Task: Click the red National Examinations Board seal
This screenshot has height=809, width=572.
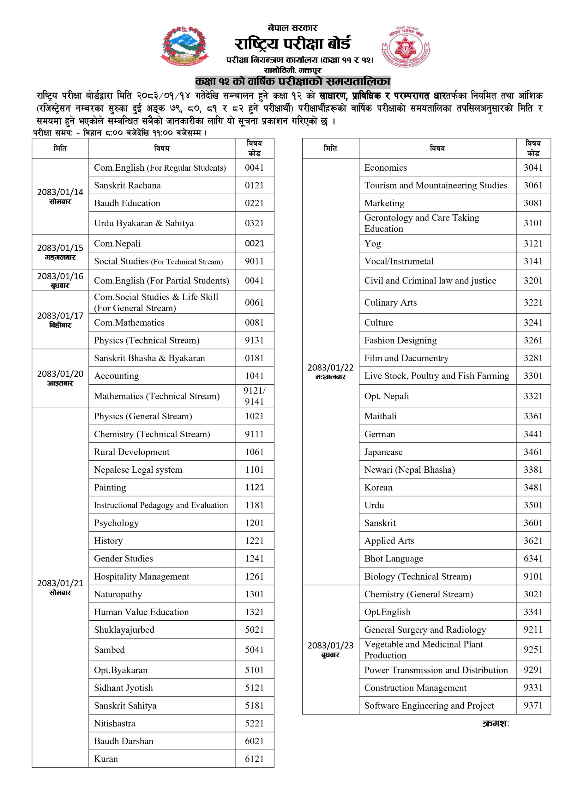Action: pyautogui.click(x=406, y=46)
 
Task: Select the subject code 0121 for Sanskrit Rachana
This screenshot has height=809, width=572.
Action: pyautogui.click(x=254, y=185)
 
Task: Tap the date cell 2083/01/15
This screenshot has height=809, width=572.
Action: pyautogui.click(x=60, y=252)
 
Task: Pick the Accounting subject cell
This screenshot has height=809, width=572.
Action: pyautogui.click(x=162, y=376)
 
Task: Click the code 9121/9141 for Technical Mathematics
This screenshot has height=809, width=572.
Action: pyautogui.click(x=254, y=396)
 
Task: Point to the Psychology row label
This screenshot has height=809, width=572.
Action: pyautogui.click(x=162, y=523)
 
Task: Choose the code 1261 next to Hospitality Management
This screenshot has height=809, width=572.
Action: pyautogui.click(x=254, y=576)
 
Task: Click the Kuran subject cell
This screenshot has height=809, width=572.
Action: pyautogui.click(x=162, y=759)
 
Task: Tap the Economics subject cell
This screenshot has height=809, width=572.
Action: pyautogui.click(x=437, y=167)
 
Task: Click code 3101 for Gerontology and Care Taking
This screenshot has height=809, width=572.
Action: pyautogui.click(x=533, y=223)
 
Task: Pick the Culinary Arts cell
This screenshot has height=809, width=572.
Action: pyautogui.click(x=437, y=302)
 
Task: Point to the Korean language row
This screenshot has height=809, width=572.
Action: pyautogui.click(x=437, y=487)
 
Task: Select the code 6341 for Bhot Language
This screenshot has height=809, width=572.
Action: pyautogui.click(x=533, y=558)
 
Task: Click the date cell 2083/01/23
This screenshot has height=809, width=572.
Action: pyautogui.click(x=330, y=649)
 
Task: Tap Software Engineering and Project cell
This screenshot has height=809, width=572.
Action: pyautogui.click(x=437, y=705)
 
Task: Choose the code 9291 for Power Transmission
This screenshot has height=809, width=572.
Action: pyautogui.click(x=533, y=670)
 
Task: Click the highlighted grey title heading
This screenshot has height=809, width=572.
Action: pyautogui.click(x=292, y=82)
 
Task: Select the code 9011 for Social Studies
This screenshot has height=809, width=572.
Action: pyautogui.click(x=254, y=261)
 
